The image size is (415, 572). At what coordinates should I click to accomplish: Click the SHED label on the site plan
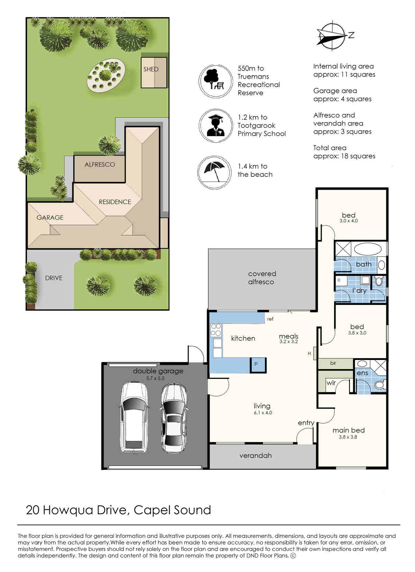pos(151,69)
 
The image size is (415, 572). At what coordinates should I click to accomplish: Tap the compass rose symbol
pos(332,36)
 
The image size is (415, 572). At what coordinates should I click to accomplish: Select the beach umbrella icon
pos(214,173)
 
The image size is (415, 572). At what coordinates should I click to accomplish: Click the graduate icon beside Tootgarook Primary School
pos(216,125)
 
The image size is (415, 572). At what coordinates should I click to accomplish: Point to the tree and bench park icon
pos(216,81)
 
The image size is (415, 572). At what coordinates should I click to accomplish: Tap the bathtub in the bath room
pos(368,249)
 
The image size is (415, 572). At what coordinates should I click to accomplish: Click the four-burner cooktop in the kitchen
pos(216,330)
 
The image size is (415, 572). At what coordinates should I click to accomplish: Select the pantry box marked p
pos(258,365)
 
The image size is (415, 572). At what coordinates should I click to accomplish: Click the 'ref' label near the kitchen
pos(270,319)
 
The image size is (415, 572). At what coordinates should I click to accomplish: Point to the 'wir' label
pos(331,383)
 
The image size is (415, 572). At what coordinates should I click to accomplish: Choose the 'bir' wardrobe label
pos(333,363)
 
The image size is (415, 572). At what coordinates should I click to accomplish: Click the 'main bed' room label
pos(348,430)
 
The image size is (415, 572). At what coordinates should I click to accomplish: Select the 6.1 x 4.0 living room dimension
pos(263,413)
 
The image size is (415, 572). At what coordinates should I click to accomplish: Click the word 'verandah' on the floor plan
pos(256,455)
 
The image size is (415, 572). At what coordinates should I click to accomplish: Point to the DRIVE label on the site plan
pos(54,278)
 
